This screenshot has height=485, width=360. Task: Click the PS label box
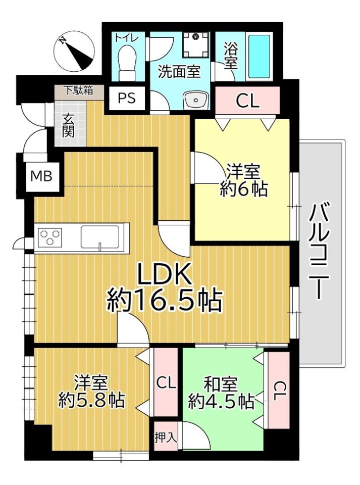point(127,99)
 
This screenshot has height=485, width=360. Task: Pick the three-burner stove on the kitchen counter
point(50,236)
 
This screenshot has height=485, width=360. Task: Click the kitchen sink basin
point(100,236)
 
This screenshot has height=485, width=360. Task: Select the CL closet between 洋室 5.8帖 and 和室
point(166,382)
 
